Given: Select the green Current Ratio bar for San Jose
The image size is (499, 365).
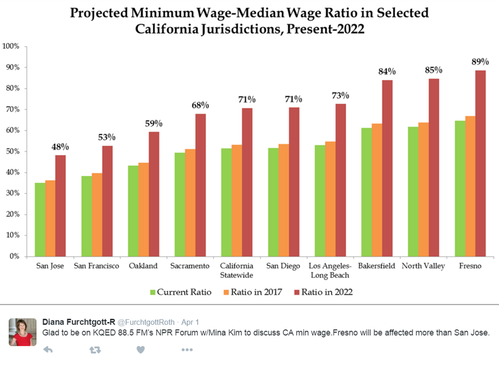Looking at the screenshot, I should coord(40,220).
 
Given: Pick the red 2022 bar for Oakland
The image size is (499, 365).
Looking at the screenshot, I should coord(154,194).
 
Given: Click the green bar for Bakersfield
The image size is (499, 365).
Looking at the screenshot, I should coord(366,192).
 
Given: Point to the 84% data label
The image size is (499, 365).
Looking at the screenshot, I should coord(387,72).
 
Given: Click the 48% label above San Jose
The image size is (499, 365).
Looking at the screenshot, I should coord(60,146).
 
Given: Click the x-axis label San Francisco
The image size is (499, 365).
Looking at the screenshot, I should coord(96,266).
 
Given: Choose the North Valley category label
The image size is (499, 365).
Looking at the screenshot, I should coord(423,266).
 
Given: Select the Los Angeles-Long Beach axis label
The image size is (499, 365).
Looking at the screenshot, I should coord(330,270).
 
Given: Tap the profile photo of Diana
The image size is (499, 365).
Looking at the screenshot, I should coord(22,332).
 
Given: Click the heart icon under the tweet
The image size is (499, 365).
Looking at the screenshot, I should coord(141,350).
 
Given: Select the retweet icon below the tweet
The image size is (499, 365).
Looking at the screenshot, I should coord(96,350).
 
